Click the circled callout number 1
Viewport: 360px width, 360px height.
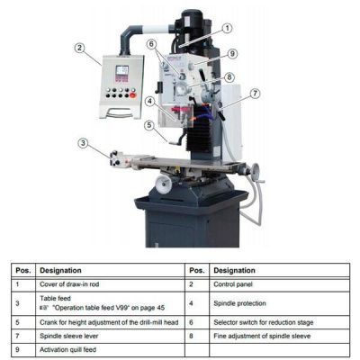228,29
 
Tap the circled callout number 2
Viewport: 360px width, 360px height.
79,48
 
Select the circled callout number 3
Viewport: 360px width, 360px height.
84,143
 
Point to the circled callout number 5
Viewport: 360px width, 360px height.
149,125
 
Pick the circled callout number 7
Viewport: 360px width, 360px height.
255,94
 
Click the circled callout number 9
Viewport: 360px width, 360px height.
232,54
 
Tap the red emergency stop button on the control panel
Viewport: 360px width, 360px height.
133,95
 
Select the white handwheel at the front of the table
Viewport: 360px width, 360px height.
164,184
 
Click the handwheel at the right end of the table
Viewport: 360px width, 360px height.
256,173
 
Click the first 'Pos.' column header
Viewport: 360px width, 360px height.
23,270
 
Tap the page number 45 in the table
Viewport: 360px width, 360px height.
160,308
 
